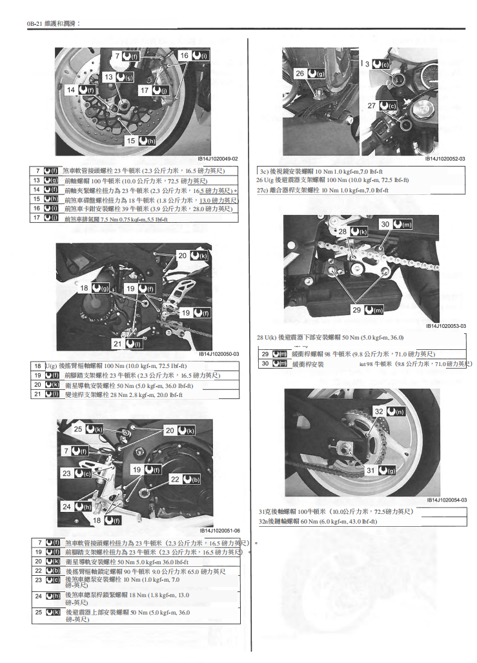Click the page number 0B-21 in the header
(34, 24)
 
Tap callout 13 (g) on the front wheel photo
(117, 77)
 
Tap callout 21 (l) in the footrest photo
(126, 344)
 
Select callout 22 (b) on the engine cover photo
(184, 480)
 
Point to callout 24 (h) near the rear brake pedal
(76, 507)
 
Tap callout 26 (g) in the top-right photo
(310, 74)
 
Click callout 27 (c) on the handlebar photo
(381, 105)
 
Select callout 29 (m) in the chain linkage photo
(367, 310)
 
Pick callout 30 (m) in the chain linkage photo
(395, 224)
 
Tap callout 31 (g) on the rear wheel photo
(380, 471)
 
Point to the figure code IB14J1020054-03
(446, 500)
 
